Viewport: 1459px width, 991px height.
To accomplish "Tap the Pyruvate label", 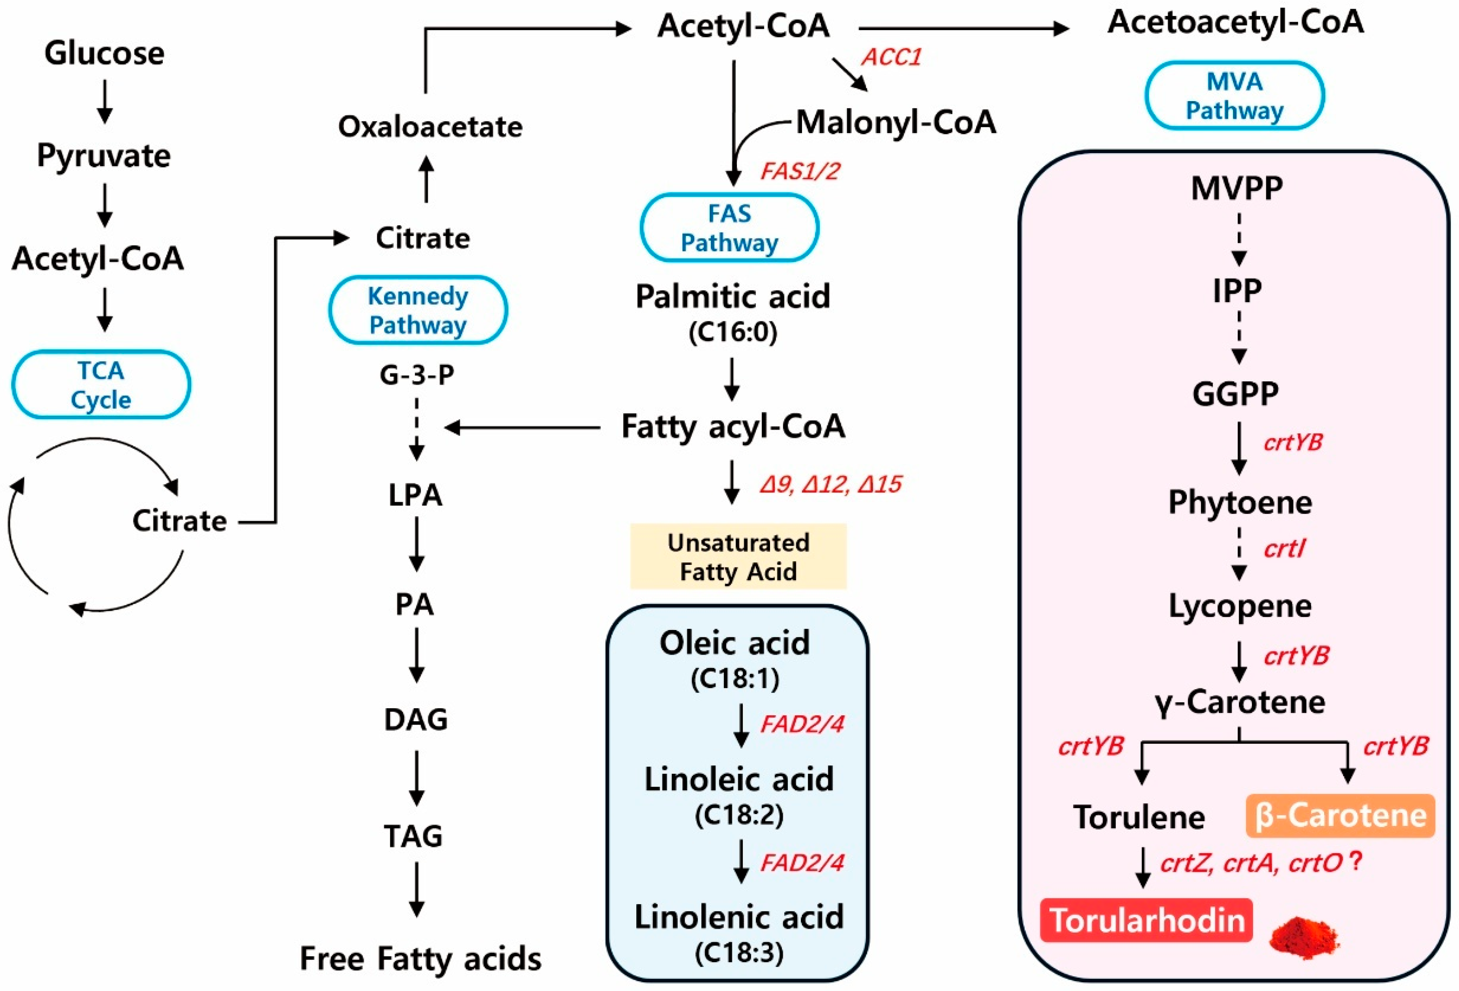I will [104, 156].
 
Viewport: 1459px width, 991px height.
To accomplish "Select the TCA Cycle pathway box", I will [101, 384].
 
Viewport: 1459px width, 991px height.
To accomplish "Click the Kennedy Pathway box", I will [418, 310].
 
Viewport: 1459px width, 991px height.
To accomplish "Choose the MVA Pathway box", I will [1234, 96].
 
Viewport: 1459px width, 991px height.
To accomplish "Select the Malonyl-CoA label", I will [896, 123].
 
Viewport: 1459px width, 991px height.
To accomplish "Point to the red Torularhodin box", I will [1146, 921].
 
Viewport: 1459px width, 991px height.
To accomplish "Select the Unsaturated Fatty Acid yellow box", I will [738, 557].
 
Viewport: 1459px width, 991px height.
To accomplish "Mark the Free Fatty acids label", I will [421, 958].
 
